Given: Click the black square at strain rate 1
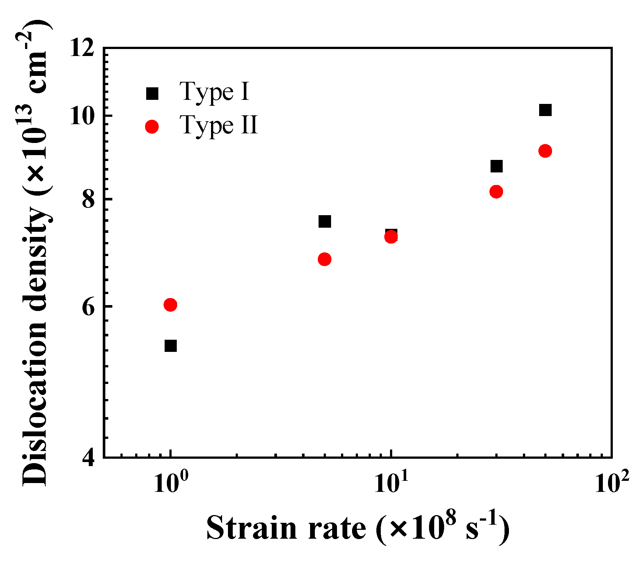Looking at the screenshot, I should coord(171,346).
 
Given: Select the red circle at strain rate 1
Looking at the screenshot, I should coord(170,305).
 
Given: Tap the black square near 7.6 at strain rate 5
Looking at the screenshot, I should coord(324,221).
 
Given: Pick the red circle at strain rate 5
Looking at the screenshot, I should coord(324,259).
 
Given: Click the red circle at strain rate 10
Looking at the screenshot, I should coord(391,237).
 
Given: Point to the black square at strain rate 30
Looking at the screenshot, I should coord(496,166).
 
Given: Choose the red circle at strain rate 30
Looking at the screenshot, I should coord(496,192).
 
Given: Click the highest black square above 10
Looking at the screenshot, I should coord(545,110).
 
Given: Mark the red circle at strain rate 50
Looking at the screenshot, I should coord(545,151).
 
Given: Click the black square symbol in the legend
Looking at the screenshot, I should coord(152,94).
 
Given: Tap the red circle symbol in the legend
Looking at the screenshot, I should coord(152,127).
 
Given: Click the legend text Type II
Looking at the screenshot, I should coord(219,125).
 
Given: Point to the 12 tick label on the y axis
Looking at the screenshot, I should coord(82,48).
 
